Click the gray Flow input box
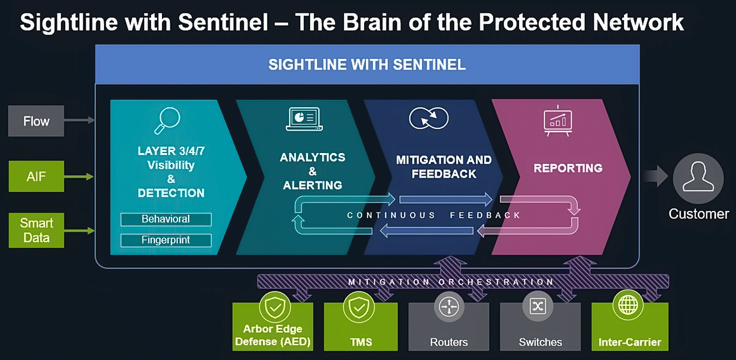coord(36,121)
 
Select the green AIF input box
coord(36,176)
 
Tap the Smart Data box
coord(36,231)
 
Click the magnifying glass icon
coord(167,121)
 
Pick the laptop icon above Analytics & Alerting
coord(304,119)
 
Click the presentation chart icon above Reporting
coord(558,120)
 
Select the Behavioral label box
coord(166,219)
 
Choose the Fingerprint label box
coord(166,240)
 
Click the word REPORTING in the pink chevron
coord(568,168)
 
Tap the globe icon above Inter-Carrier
coord(628,305)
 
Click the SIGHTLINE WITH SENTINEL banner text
coord(367,65)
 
